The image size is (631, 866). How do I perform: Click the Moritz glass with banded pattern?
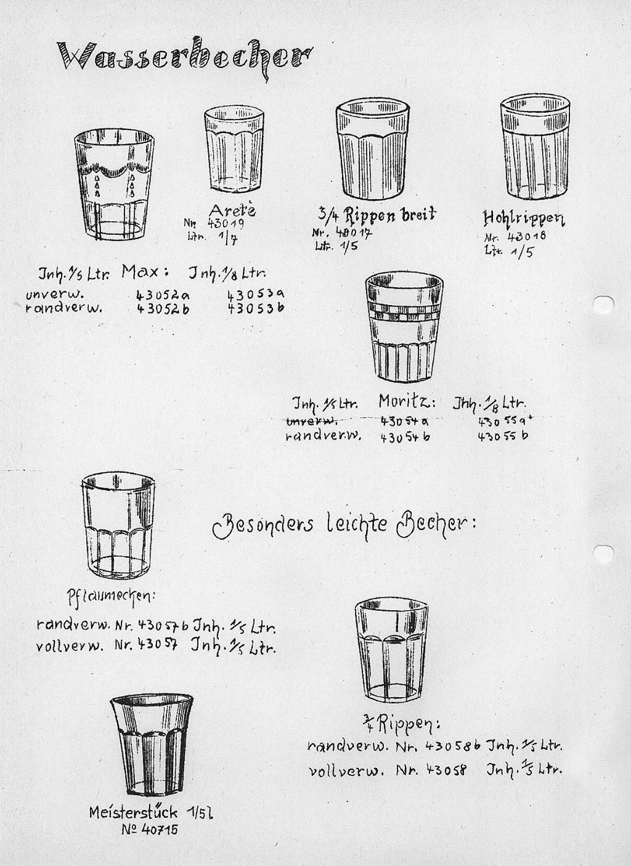click(404, 327)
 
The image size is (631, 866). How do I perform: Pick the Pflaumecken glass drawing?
click(118, 526)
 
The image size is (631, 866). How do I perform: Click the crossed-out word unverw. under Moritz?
click(311, 421)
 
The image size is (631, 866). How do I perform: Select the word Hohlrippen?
click(524, 218)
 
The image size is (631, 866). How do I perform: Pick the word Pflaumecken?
click(112, 597)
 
